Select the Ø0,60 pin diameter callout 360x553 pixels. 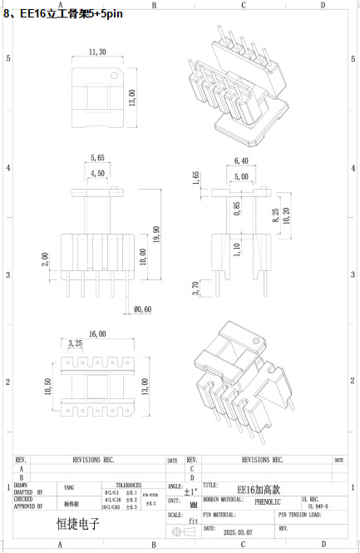click(143, 309)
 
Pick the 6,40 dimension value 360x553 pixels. click(242, 160)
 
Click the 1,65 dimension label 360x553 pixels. click(196, 179)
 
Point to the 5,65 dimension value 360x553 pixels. click(96, 157)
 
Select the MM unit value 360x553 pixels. click(193, 503)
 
